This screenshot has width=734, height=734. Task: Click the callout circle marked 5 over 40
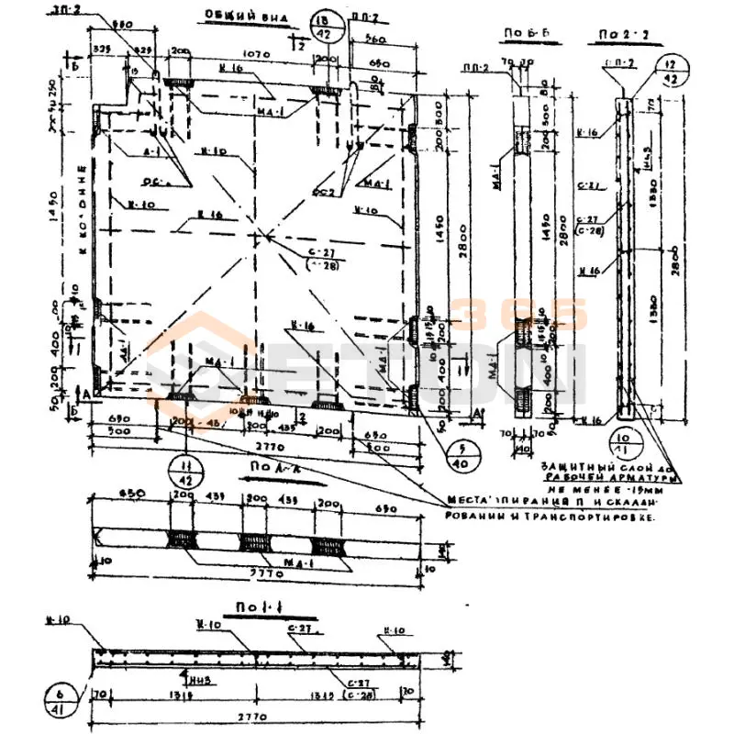coord(459,454)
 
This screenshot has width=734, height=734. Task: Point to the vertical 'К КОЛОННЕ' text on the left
coord(83,211)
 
